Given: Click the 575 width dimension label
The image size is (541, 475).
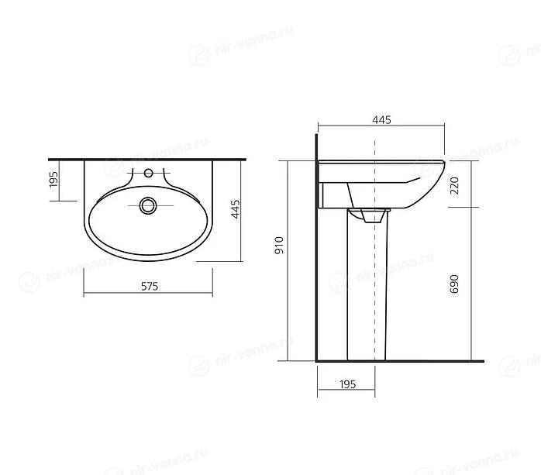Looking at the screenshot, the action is pyautogui.click(x=150, y=286).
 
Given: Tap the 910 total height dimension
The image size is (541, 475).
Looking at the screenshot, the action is pyautogui.click(x=279, y=245).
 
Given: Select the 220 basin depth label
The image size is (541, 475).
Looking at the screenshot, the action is pyautogui.click(x=455, y=185).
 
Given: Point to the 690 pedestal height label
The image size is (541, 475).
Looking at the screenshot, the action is pyautogui.click(x=455, y=284).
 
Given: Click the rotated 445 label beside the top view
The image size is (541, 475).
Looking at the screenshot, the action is pyautogui.click(x=236, y=209).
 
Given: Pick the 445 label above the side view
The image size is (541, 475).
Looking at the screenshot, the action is pyautogui.click(x=381, y=119).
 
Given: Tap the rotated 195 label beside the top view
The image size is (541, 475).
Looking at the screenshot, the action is pyautogui.click(x=53, y=179).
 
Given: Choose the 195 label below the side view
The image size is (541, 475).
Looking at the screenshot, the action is pyautogui.click(x=347, y=384).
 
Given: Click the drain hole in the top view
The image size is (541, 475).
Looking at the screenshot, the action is pyautogui.click(x=148, y=205).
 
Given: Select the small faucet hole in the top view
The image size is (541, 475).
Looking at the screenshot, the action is pyautogui.click(x=148, y=173).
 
